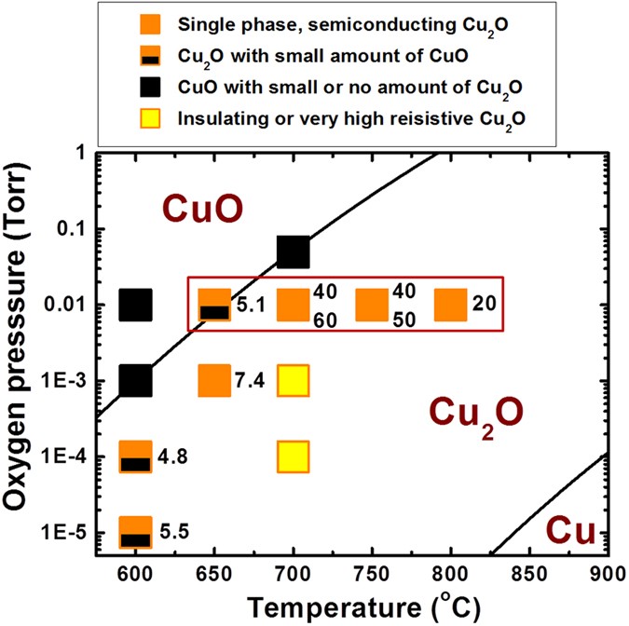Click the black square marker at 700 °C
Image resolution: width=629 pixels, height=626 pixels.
point(293,252)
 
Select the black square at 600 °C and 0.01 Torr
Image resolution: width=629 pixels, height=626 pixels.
point(136,305)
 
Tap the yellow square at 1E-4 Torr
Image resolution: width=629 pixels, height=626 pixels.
point(293,456)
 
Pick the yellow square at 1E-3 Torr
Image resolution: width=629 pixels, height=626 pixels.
point(293,380)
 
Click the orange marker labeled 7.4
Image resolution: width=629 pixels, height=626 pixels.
point(214,380)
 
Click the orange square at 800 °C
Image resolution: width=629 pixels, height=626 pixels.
point(451,305)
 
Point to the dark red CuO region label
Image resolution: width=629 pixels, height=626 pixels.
point(203,209)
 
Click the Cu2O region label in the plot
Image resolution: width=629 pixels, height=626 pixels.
point(476,412)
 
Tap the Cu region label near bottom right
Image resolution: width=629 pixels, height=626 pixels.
point(569,529)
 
